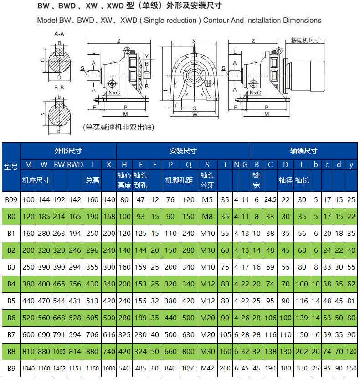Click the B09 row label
pyautogui.click(x=11, y=199)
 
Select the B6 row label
pyautogui.click(x=11, y=318)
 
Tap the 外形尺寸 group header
pyautogui.click(x=68, y=151)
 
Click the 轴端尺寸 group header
pyautogui.click(x=303, y=151)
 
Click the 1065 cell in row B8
pyautogui.click(x=59, y=351)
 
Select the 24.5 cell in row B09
pyautogui.click(x=270, y=199)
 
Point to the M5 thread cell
pyautogui.click(x=207, y=199)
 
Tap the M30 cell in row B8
pyautogui.click(x=207, y=351)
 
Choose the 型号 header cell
pyautogui.click(x=11, y=167)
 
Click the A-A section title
pyautogui.click(x=59, y=34)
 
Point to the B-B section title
pyautogui.click(x=59, y=87)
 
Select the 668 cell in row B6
pyautogui.click(x=59, y=318)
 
